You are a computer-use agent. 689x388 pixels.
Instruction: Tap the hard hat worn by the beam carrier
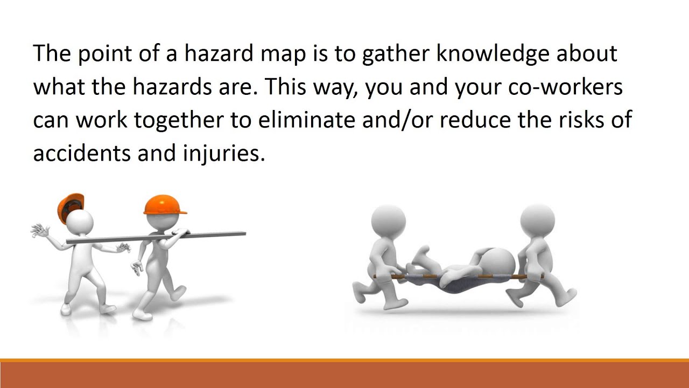click(165, 205)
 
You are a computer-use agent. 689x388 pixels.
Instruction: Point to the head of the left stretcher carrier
click(388, 221)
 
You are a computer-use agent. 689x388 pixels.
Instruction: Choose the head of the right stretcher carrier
click(537, 221)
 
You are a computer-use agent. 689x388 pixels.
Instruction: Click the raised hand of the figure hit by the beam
click(39, 232)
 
